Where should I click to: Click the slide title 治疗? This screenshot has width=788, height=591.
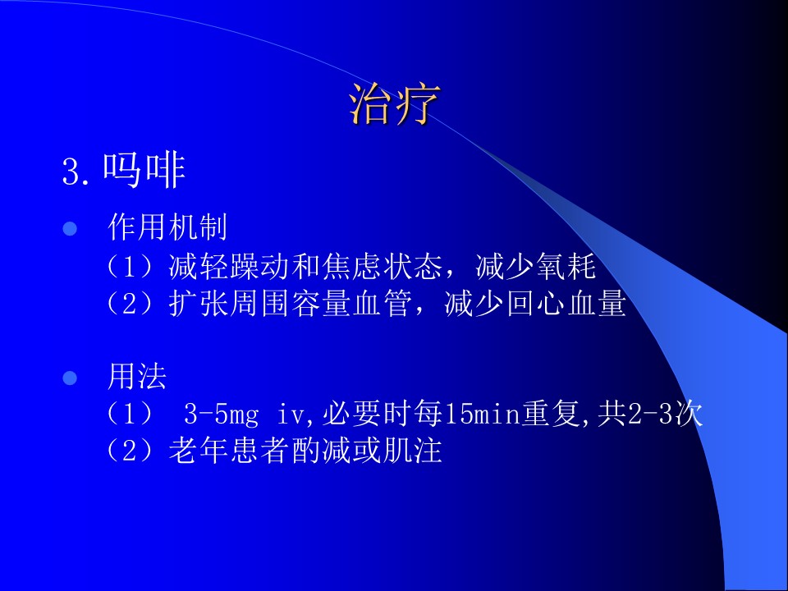[395, 104]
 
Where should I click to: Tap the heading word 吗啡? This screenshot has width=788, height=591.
[144, 171]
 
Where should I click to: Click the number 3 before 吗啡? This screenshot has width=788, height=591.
[71, 172]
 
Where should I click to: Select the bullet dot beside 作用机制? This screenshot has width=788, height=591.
[70, 229]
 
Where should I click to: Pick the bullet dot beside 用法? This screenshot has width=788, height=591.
[70, 378]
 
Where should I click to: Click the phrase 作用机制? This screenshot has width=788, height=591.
[167, 227]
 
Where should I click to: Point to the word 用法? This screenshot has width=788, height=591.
[137, 377]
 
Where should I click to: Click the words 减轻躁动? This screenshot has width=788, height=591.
[230, 266]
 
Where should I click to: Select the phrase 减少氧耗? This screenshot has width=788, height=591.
[536, 266]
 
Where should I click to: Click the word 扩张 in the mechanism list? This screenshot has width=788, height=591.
[199, 304]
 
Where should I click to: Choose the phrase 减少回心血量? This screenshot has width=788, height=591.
[536, 304]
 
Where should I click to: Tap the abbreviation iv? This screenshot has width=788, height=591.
[291, 415]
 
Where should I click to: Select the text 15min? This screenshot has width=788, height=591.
[482, 415]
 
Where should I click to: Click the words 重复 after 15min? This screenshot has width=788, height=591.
[551, 414]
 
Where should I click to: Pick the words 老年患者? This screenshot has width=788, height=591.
[230, 451]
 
